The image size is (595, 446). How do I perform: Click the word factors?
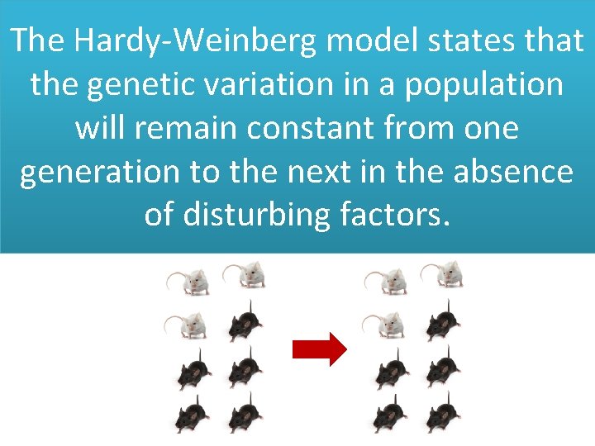(396, 215)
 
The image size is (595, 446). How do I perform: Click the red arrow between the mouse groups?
(319, 349)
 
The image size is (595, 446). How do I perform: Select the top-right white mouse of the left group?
(245, 276)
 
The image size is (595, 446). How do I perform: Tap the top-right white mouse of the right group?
(444, 276)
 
